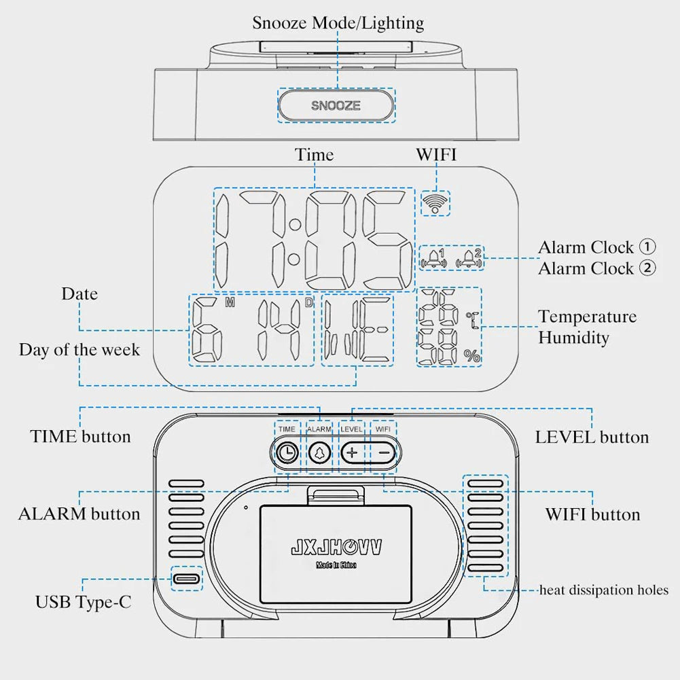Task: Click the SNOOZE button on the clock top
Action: pyautogui.click(x=336, y=105)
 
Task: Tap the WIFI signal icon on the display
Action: pyautogui.click(x=434, y=201)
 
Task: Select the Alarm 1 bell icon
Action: pyautogui.click(x=435, y=257)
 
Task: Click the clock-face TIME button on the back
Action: pyautogui.click(x=287, y=452)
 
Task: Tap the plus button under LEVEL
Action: pyautogui.click(x=352, y=452)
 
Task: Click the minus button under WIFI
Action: pyautogui.click(x=384, y=452)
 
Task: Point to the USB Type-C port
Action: pyautogui.click(x=186, y=579)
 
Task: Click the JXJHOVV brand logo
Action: pyautogui.click(x=336, y=547)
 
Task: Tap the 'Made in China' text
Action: pyautogui.click(x=336, y=565)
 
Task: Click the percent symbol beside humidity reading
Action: pyautogui.click(x=471, y=355)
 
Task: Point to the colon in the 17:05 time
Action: pyautogui.click(x=294, y=241)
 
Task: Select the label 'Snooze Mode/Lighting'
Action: pyautogui.click(x=338, y=22)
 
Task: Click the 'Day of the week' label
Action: pyautogui.click(x=79, y=350)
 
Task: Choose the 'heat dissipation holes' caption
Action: pyautogui.click(x=604, y=590)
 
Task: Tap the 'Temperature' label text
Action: pyautogui.click(x=588, y=317)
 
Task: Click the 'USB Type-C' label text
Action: pyautogui.click(x=84, y=602)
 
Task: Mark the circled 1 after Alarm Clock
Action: pyautogui.click(x=647, y=247)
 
